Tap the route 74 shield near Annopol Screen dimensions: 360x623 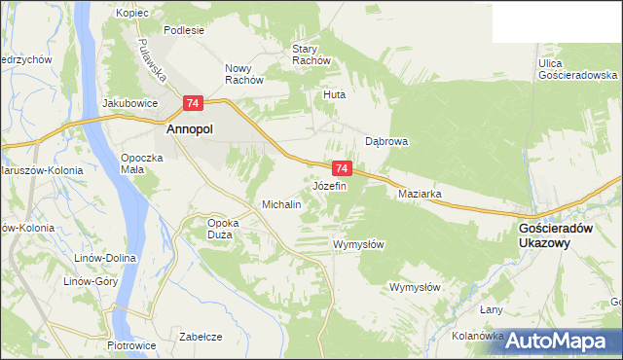[193, 103]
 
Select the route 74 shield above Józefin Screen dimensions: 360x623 [341, 168]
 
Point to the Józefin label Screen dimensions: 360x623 [330, 185]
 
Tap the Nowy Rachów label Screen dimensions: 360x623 [244, 74]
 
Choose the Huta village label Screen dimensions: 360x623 [335, 95]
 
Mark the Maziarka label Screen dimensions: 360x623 [421, 194]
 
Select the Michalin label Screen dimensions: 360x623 [281, 205]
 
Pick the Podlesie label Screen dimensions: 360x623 [184, 30]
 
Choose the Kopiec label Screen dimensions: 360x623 [130, 13]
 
